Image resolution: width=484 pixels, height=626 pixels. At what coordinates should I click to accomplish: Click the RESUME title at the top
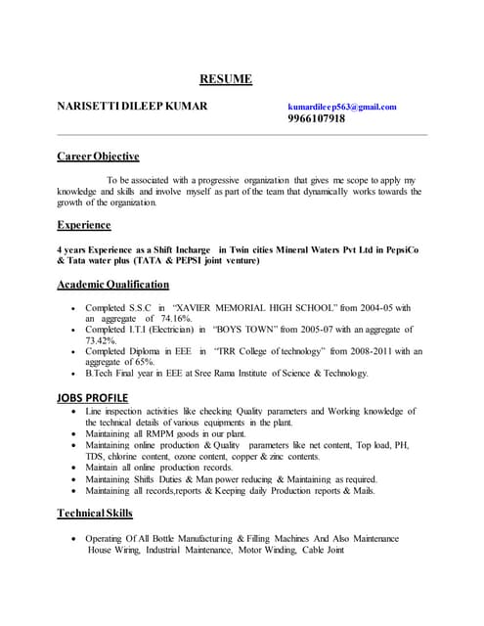(x=226, y=79)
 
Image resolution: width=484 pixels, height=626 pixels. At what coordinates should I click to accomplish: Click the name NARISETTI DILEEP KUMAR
(x=132, y=106)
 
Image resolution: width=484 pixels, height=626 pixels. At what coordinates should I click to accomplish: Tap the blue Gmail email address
(x=342, y=107)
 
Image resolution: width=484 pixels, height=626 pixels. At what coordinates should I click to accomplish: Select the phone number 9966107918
(x=317, y=119)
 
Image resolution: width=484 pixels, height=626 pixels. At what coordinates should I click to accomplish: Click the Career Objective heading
(x=98, y=156)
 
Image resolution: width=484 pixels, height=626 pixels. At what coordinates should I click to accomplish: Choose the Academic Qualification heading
(x=112, y=285)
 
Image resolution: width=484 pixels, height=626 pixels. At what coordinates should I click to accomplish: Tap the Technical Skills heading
(x=95, y=514)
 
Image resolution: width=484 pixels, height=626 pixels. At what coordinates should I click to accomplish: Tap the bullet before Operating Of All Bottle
(x=75, y=540)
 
